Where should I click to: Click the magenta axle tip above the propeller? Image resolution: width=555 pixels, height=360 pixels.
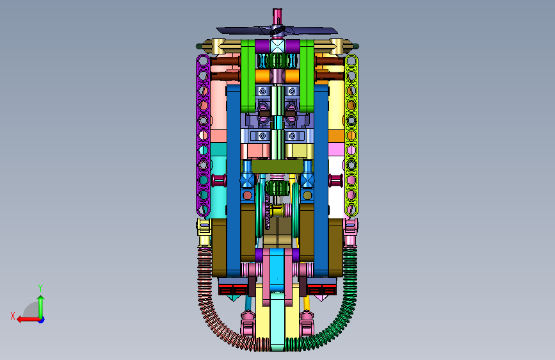click(x=277, y=16)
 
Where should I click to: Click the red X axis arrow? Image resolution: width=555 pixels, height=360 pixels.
click(x=28, y=320)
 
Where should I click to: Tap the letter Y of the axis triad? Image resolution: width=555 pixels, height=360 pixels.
click(x=40, y=288)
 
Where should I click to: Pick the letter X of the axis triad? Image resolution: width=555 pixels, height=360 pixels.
click(x=13, y=316)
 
